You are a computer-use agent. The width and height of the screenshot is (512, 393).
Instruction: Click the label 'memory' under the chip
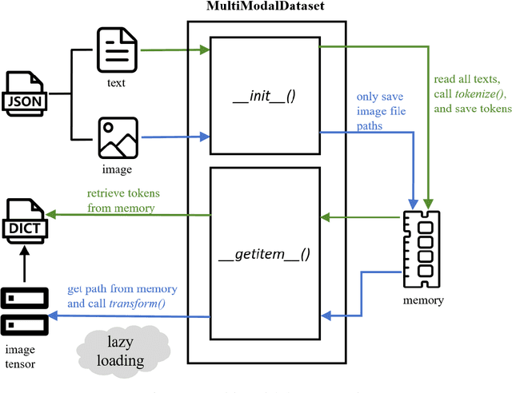tap(423, 300)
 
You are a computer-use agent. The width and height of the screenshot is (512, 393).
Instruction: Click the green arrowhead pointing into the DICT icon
tap(50, 214)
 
